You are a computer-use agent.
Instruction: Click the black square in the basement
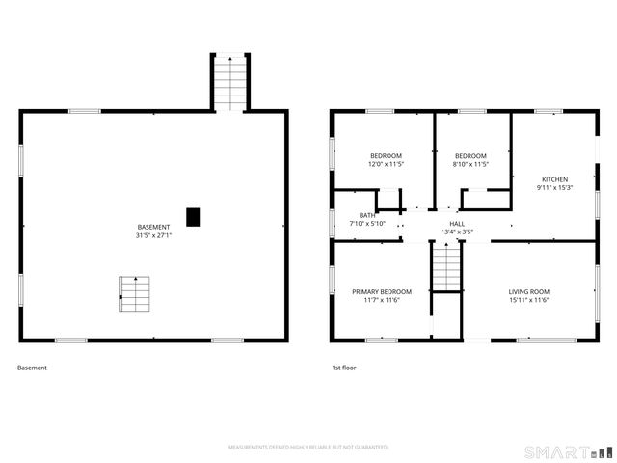coord(193,218)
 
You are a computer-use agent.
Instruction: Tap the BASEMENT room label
coord(153,227)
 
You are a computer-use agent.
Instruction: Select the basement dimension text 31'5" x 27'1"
coord(153,235)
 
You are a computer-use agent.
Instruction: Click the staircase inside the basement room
coord(135,293)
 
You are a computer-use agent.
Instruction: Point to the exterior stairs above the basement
coord(229,83)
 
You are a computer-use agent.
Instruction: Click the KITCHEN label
coord(554,179)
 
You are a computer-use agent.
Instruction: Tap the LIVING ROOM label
coord(528,291)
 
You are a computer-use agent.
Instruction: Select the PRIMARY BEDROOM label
coord(382,291)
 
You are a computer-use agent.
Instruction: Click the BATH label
coord(367,215)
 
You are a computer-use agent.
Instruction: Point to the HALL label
coord(457,224)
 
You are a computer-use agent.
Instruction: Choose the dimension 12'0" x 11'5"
coord(386,164)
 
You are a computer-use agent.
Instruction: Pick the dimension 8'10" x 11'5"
coord(471,164)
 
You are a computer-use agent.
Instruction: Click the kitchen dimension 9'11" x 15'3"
coord(554,187)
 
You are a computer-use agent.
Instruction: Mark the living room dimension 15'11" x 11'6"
coord(528,300)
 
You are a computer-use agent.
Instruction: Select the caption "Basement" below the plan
coord(32,368)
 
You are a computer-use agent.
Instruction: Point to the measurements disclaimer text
coord(308,448)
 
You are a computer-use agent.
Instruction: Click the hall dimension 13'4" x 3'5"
coord(457,231)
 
